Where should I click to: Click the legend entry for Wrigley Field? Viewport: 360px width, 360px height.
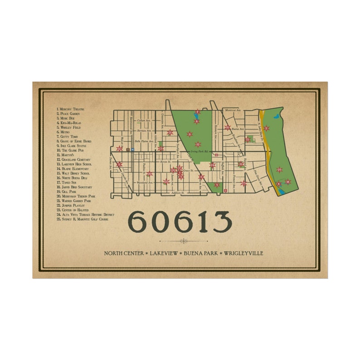pyautogui.click(x=71, y=127)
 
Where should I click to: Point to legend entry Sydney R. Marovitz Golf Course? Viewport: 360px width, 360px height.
pyautogui.click(x=83, y=219)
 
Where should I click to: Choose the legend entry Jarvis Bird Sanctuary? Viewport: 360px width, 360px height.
pyautogui.click(x=76, y=187)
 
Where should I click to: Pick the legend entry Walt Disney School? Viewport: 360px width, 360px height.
pyautogui.click(x=75, y=173)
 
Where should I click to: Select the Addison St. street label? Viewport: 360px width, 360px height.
pyautogui.click(x=177, y=193)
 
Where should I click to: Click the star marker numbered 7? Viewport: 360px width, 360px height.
pyautogui.click(x=197, y=112)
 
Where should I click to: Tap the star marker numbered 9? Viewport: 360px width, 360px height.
pyautogui.click(x=190, y=134)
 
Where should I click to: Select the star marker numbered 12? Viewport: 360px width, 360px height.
pyautogui.click(x=198, y=144)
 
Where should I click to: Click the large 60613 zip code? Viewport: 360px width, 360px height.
pyautogui.click(x=180, y=222)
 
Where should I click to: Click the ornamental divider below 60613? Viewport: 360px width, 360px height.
pyautogui.click(x=183, y=241)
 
